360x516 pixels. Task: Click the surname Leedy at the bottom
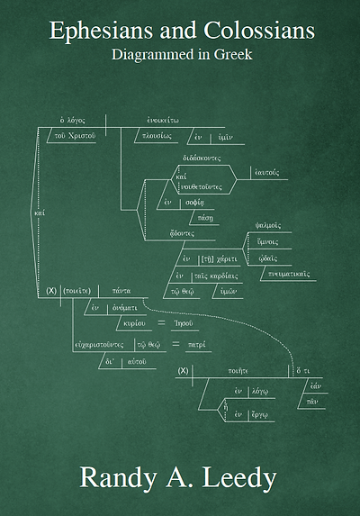pos(236,477)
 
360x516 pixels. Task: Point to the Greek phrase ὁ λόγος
pos(72,119)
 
